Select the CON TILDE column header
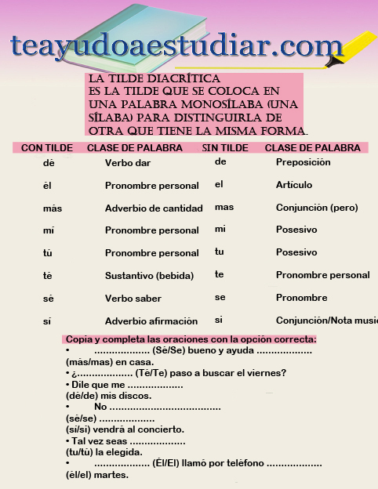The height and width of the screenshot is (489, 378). coord(47,147)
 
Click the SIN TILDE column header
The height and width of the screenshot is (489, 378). coord(225,147)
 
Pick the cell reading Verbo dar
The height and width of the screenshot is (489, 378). coord(128,163)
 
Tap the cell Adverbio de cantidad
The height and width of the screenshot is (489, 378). coord(154,208)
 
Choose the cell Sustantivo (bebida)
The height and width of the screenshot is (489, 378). coord(149,276)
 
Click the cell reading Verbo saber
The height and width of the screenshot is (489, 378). coord(133,299)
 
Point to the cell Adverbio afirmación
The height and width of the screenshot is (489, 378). coord(151,321)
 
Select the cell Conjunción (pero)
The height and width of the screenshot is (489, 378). coord(317,208)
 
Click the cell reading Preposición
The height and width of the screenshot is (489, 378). coord(303,162)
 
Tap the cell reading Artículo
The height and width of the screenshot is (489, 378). coord(294,185)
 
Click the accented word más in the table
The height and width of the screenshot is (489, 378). coord(53,208)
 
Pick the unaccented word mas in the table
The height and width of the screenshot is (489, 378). coord(224,208)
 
